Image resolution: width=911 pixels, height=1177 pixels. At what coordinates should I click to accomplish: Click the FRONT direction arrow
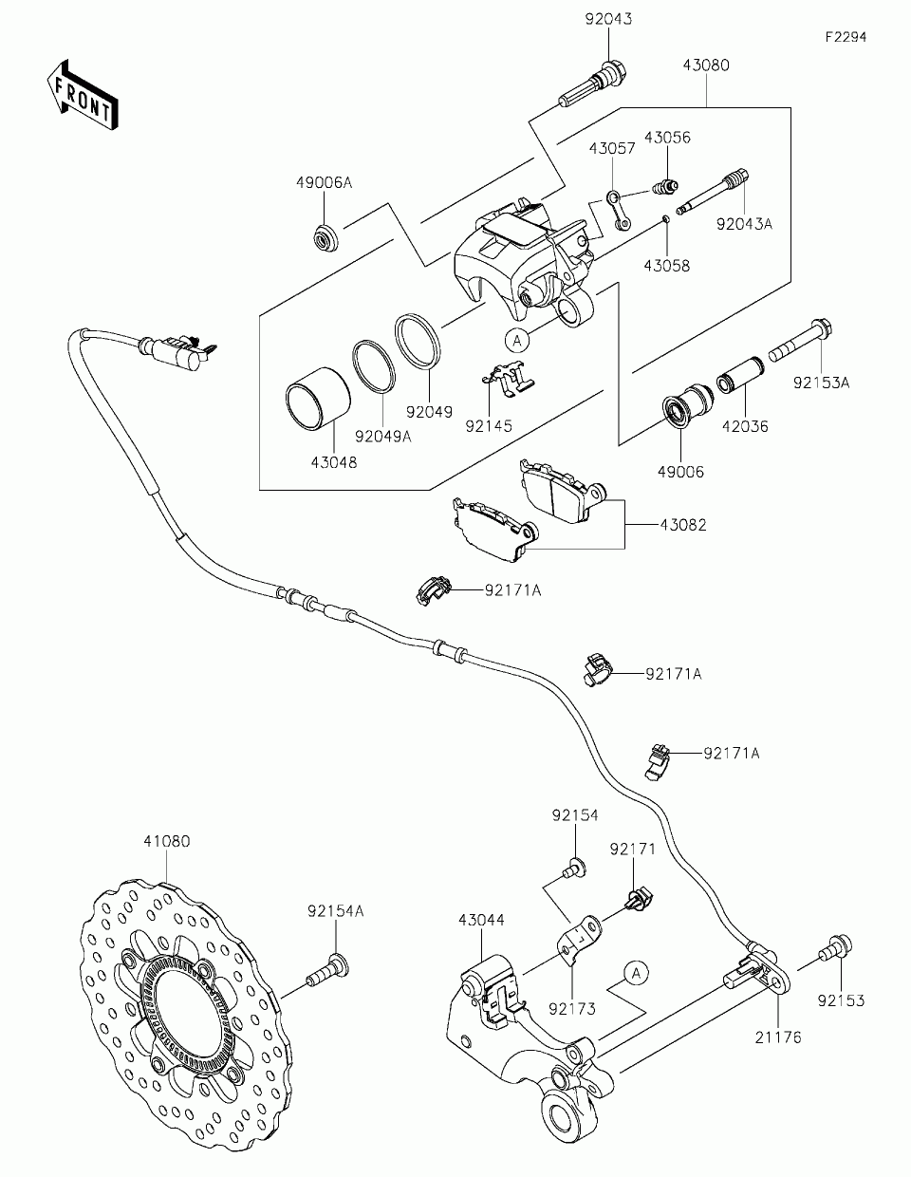[x=82, y=95]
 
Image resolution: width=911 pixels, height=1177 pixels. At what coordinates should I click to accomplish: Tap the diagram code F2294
[x=846, y=37]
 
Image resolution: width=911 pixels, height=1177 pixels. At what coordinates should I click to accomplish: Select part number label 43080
[x=706, y=65]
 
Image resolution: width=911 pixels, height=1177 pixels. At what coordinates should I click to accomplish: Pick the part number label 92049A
[x=383, y=437]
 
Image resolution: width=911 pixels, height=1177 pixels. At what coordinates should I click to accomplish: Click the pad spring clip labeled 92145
[x=509, y=378]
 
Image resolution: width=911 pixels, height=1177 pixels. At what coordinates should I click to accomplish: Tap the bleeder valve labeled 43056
[x=663, y=188]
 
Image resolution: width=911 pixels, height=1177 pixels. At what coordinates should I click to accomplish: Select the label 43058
[x=667, y=266]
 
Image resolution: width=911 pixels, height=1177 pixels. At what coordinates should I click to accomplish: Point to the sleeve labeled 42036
[x=741, y=375]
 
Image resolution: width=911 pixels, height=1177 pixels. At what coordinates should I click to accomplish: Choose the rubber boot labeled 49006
[x=687, y=406]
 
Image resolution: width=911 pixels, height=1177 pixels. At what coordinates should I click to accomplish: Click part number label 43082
[x=683, y=525]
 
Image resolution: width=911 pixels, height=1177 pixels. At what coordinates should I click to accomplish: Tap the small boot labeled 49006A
[x=326, y=236]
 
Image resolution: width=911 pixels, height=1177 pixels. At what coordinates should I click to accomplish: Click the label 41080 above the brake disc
[x=167, y=841]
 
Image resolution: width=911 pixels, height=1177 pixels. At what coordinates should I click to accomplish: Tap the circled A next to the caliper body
[x=517, y=340]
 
